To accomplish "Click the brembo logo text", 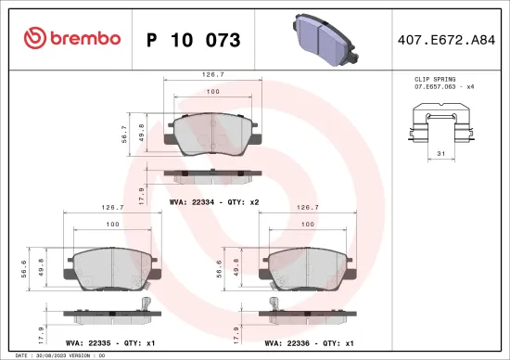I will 70,39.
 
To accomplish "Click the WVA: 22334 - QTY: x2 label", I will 213,200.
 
